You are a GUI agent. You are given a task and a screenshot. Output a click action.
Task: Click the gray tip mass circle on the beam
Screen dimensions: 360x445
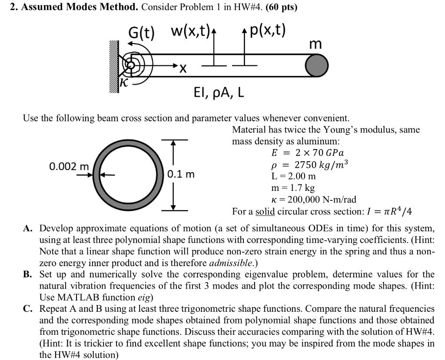317,66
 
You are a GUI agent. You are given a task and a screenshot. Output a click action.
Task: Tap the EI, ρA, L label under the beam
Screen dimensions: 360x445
219,93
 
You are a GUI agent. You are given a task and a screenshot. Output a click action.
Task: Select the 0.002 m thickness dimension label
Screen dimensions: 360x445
69,167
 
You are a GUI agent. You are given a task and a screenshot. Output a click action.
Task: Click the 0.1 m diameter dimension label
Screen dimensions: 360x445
181,174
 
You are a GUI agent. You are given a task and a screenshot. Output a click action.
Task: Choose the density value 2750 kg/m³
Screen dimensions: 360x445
322,165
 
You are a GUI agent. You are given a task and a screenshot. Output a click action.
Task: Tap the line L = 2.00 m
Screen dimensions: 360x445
293,177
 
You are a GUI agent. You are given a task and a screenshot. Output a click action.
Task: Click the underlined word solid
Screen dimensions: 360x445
265,212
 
